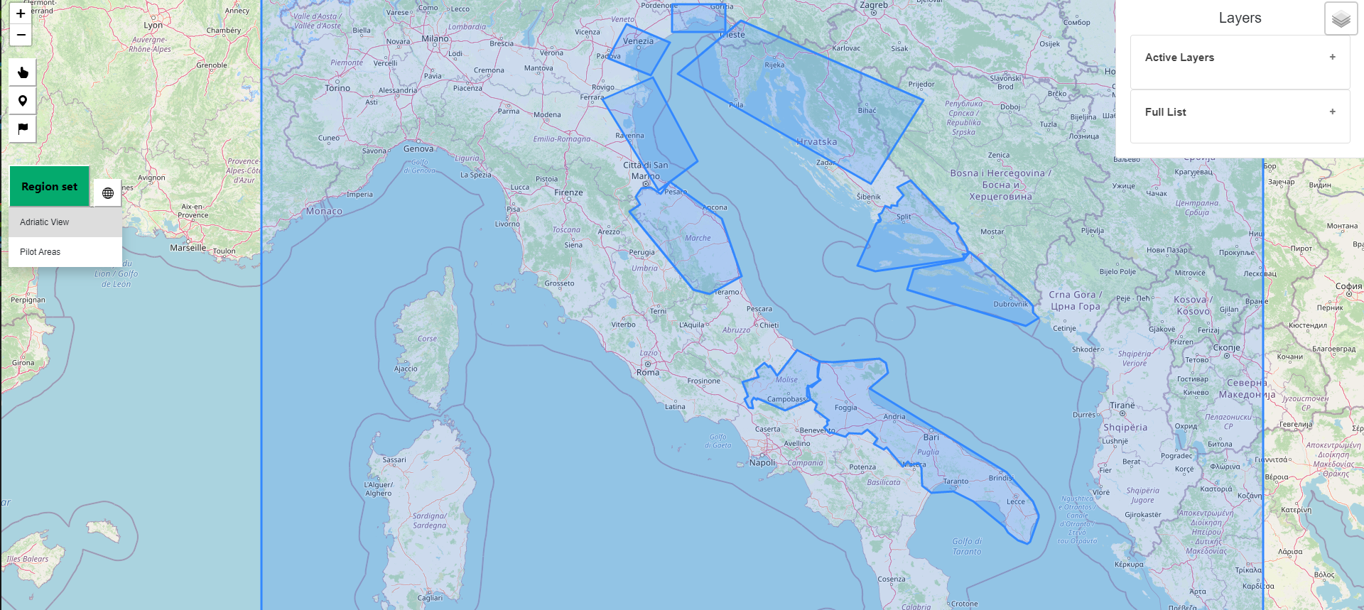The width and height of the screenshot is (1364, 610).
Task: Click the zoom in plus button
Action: (21, 13)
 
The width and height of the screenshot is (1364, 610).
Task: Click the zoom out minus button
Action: (21, 35)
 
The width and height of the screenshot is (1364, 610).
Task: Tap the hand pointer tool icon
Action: (23, 72)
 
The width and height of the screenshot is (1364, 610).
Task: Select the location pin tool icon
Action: (23, 101)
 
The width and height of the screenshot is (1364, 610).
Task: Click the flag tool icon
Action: (23, 129)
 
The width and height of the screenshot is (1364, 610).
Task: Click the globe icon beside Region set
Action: (108, 193)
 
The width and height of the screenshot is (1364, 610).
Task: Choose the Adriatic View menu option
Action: (45, 222)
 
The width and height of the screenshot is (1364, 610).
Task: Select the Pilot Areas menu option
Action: (40, 252)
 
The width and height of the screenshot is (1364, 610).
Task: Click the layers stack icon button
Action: (1341, 19)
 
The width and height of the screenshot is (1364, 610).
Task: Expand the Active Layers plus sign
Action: (1332, 57)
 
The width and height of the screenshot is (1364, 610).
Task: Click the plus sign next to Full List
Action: (1332, 111)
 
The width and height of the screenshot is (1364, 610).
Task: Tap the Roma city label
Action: (648, 372)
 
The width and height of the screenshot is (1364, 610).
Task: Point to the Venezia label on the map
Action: (638, 41)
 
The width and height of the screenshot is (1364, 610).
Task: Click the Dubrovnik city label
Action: (1010, 304)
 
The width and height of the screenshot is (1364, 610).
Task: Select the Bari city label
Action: (931, 437)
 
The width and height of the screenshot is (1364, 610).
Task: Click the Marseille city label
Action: (188, 248)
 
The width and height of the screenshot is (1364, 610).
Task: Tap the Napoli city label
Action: (762, 462)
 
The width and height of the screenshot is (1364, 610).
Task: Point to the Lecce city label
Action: (1016, 501)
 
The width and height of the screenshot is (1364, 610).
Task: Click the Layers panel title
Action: (1240, 18)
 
